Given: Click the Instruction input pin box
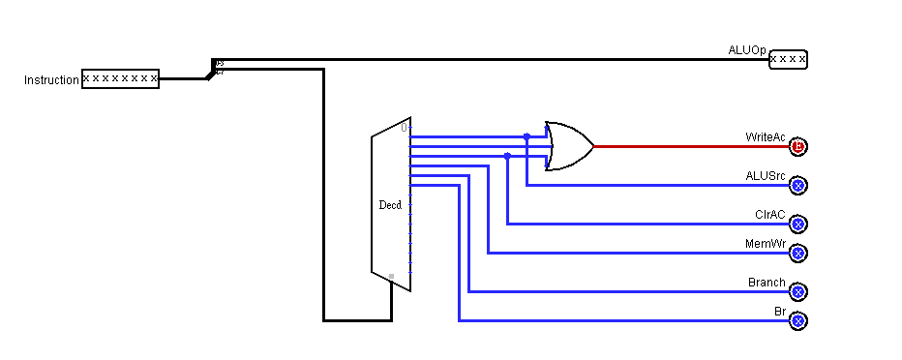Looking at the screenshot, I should pyautogui.click(x=120, y=78).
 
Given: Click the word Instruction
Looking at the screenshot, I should pyautogui.click(x=51, y=80).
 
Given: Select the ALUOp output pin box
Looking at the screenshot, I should pyautogui.click(x=788, y=60).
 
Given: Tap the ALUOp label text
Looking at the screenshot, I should pyautogui.click(x=747, y=49).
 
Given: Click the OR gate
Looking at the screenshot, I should pyautogui.click(x=569, y=146).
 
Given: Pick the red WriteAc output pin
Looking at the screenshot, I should pyautogui.click(x=798, y=147).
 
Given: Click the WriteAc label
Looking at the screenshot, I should pyautogui.click(x=766, y=137).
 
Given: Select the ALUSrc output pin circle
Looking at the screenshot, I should pyautogui.click(x=798, y=185).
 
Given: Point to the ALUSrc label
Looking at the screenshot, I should pyautogui.click(x=766, y=175).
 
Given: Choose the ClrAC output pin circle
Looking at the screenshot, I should pyautogui.click(x=798, y=224).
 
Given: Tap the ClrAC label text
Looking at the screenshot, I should pyautogui.click(x=770, y=214).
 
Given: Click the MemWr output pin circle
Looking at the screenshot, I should pyautogui.click(x=798, y=253).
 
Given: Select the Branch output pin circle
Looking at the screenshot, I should pyautogui.click(x=798, y=291).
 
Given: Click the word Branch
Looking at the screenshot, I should pyautogui.click(x=767, y=283).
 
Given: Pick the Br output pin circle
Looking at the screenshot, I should pyautogui.click(x=798, y=320).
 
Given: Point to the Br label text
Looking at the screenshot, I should pyautogui.click(x=780, y=312).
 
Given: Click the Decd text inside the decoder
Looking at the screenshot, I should pyautogui.click(x=390, y=205).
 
